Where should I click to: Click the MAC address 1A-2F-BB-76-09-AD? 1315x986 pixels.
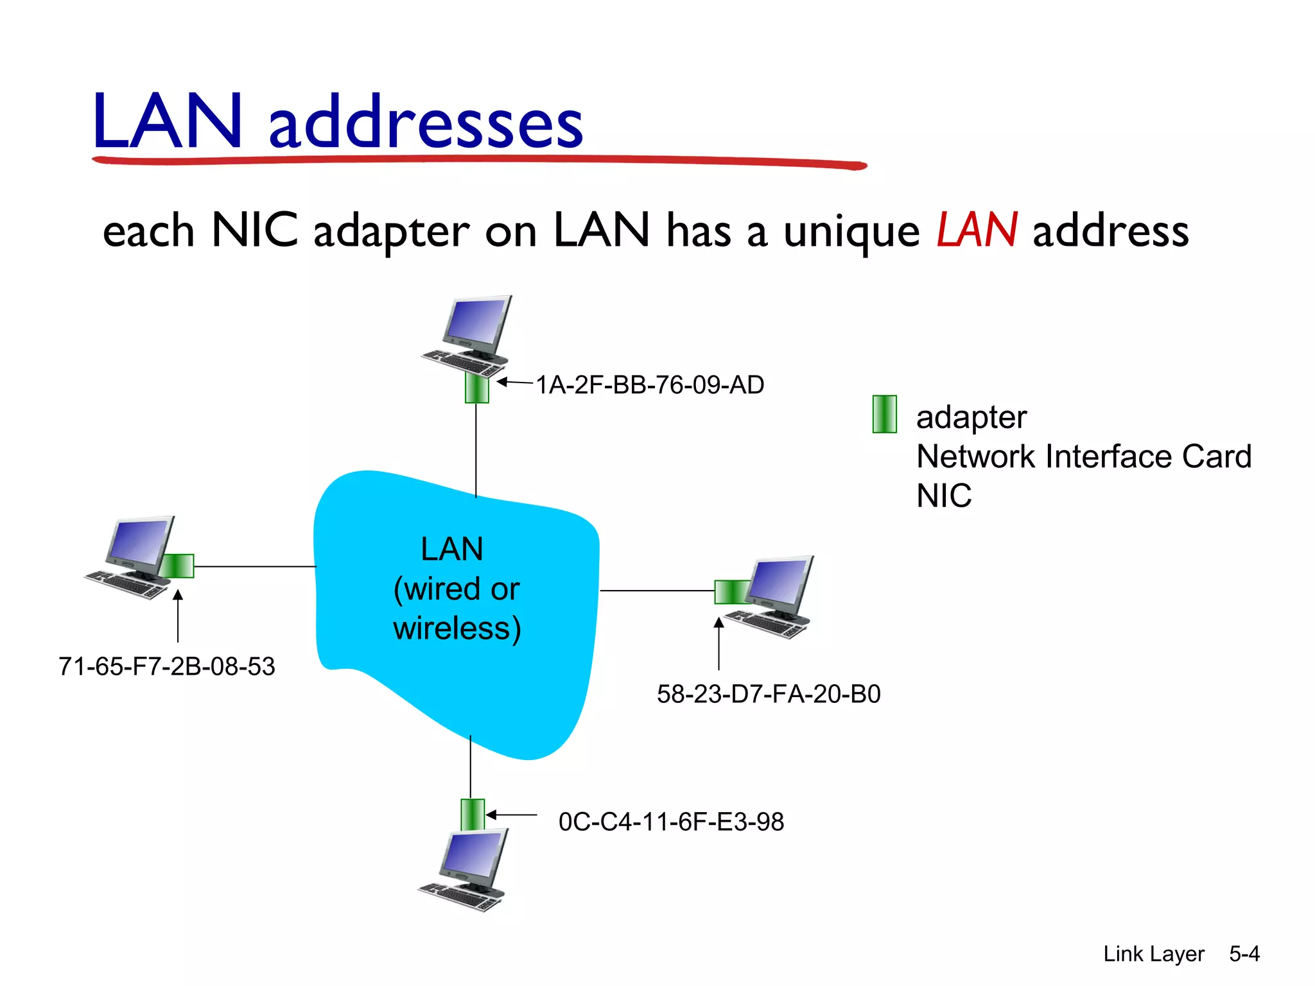point(650,385)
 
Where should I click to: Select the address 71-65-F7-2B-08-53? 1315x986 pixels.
point(166,666)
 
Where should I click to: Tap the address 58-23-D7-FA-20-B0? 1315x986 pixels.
point(769,694)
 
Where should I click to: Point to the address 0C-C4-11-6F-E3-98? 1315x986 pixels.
point(671,822)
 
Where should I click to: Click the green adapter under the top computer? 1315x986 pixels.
point(476,388)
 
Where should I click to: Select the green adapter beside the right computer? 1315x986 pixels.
point(731,591)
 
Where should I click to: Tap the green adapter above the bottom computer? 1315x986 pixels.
point(472,815)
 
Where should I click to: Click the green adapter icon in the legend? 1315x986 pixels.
point(884,414)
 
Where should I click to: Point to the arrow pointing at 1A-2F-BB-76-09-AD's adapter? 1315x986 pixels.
point(514,383)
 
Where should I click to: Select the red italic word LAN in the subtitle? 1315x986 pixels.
point(977,230)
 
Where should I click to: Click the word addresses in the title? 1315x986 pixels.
point(425,122)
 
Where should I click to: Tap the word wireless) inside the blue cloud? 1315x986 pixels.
point(457,628)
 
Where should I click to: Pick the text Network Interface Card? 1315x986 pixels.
point(1083,456)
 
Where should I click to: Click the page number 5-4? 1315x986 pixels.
point(1244,953)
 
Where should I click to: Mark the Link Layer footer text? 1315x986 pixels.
point(1153,954)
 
